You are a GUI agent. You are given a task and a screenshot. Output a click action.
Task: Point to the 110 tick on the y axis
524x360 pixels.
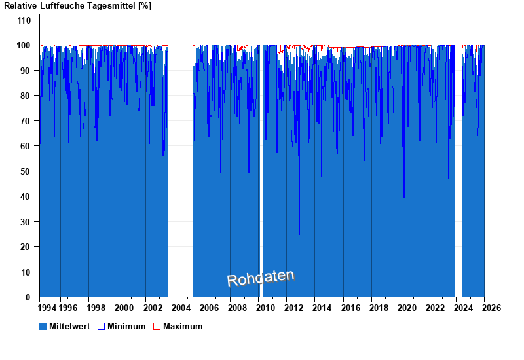click(24, 20)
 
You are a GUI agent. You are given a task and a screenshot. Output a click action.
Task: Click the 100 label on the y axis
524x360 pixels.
click(24, 45)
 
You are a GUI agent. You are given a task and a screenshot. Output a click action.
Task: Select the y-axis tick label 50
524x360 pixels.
click(26, 171)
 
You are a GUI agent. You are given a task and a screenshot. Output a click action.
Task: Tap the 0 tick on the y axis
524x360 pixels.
click(29, 297)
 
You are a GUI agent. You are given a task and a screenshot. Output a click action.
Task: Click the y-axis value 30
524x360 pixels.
click(26, 222)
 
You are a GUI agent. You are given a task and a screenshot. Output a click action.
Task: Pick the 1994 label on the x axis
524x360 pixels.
click(47, 308)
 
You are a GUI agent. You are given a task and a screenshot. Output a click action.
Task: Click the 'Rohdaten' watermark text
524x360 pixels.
click(261, 278)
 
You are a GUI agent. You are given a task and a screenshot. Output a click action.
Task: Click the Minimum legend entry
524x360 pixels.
click(126, 326)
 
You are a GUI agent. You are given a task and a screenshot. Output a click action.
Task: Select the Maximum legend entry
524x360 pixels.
click(183, 326)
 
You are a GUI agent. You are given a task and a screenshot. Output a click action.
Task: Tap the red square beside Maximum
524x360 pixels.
click(157, 326)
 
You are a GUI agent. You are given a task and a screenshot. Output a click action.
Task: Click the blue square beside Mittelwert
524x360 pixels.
click(43, 326)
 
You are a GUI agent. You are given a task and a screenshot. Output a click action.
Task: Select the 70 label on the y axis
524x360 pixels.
click(26, 121)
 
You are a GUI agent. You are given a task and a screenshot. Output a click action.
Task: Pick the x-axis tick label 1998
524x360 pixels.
click(96, 308)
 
